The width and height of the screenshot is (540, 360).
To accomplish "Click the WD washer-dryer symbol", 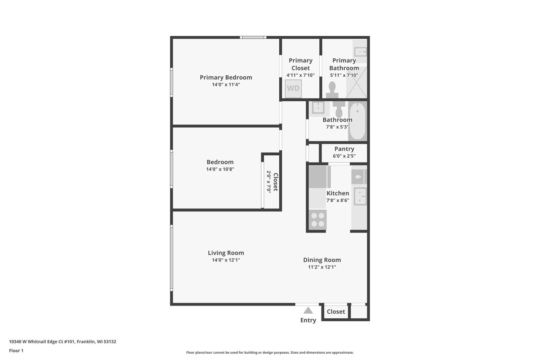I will (x=293, y=88).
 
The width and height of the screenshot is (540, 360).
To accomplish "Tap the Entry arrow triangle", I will (x=308, y=311).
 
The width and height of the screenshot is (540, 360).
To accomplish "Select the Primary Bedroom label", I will (x=226, y=77).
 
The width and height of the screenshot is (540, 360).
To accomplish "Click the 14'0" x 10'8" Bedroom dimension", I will (x=220, y=169).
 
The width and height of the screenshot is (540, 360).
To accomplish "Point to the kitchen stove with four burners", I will (x=318, y=219).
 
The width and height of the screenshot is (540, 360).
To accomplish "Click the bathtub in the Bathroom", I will (x=357, y=121).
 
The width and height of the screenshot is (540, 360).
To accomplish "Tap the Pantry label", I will (x=344, y=149).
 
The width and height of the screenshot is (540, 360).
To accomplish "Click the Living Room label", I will (x=226, y=253).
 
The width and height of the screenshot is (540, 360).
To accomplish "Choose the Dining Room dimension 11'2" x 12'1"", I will (x=322, y=267).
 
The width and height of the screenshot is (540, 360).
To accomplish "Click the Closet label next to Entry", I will (x=336, y=311).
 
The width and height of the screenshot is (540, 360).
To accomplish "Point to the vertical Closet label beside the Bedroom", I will (x=275, y=182).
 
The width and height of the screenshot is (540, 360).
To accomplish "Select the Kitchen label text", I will (x=337, y=193).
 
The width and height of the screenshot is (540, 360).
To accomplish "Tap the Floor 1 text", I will (x=16, y=350).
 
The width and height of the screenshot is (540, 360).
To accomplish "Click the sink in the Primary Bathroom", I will (x=360, y=52).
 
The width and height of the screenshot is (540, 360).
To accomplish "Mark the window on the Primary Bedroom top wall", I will (x=253, y=38).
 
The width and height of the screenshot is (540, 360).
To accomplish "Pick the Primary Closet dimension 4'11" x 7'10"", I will (x=300, y=75).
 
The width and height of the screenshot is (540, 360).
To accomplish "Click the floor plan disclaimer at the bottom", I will (x=270, y=352).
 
